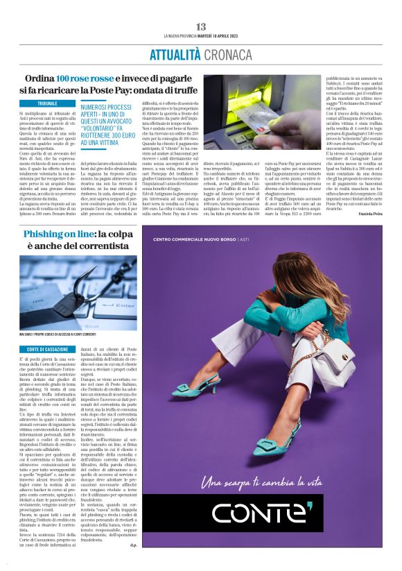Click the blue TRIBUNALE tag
coord(48,103)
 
